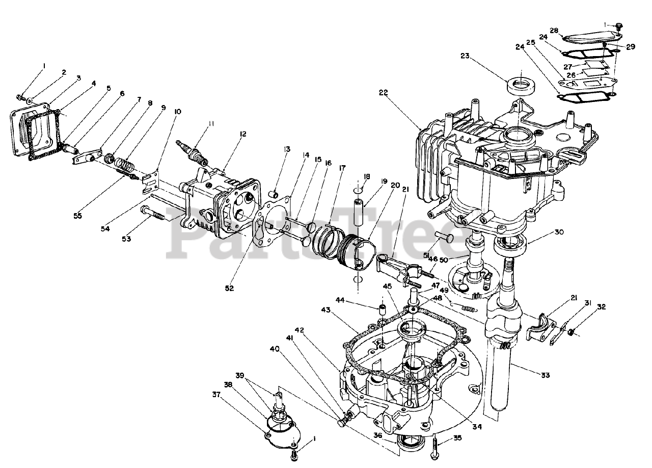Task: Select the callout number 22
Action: coord(384,92)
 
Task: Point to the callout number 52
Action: coord(229,288)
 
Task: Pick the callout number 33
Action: coord(546,376)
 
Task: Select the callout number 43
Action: coord(326,310)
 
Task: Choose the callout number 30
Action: coord(559,232)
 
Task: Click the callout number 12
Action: coord(243,134)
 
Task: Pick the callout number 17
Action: coord(341,167)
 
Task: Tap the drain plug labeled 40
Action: coord(344,419)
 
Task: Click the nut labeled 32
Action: coord(572,332)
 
